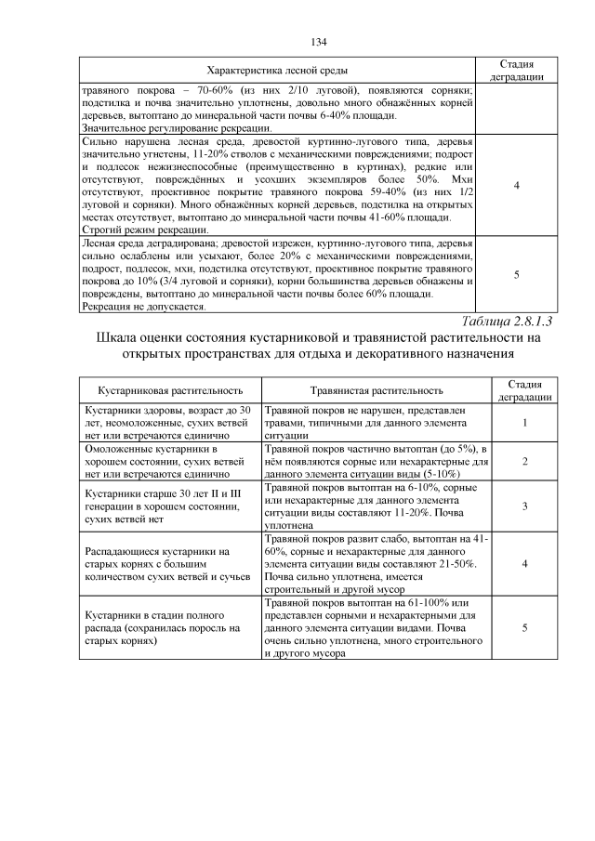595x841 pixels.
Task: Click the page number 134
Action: pyautogui.click(x=318, y=42)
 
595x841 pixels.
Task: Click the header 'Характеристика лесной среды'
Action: pyautogui.click(x=276, y=71)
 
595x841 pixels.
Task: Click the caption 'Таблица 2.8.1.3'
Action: pyautogui.click(x=507, y=322)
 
